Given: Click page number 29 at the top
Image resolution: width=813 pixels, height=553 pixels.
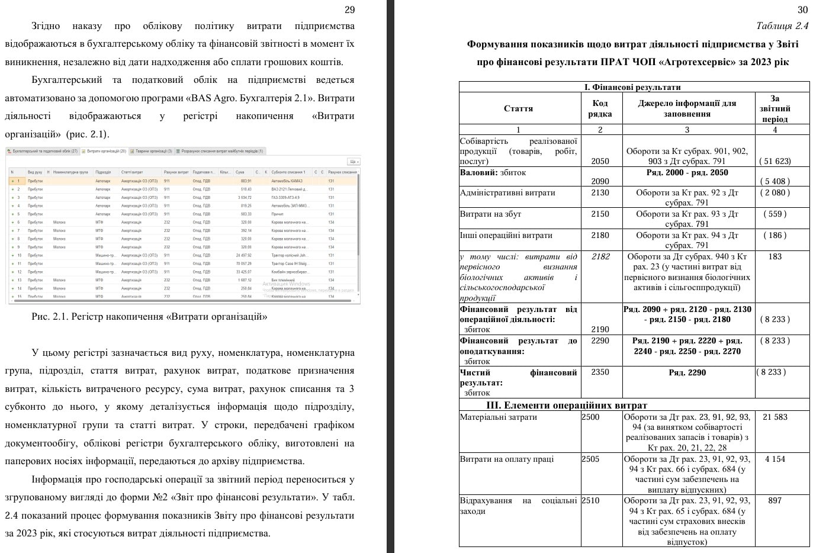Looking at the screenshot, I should click(x=349, y=9).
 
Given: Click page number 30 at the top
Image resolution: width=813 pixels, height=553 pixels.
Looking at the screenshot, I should click(x=802, y=9).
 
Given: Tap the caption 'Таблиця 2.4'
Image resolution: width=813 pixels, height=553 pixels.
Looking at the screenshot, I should click(x=782, y=25).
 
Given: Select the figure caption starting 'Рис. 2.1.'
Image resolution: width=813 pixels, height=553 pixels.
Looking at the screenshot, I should click(x=149, y=316).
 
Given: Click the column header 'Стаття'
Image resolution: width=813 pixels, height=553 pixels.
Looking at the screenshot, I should click(x=518, y=108).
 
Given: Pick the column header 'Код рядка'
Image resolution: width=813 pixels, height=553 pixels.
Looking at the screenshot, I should click(x=600, y=108).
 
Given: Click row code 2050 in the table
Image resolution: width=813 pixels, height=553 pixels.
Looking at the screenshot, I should click(x=600, y=161).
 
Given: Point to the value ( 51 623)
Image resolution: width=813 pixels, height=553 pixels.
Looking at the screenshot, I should click(x=775, y=161).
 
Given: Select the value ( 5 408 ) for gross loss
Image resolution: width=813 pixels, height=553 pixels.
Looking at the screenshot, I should click(x=775, y=181).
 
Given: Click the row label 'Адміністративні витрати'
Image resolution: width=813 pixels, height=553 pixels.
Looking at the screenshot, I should click(x=507, y=192).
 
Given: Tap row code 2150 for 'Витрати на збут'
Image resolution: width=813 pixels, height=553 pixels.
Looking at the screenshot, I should click(x=600, y=214).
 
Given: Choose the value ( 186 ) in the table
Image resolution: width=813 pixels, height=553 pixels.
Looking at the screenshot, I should click(x=775, y=235).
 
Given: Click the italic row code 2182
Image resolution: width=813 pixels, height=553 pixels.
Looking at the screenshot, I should click(x=600, y=256).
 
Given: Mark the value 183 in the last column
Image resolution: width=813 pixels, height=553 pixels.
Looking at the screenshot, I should click(x=775, y=256).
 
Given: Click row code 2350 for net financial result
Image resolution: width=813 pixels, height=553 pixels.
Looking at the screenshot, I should click(x=600, y=372).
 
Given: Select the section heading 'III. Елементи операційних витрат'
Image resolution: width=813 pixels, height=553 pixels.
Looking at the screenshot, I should click(x=566, y=406).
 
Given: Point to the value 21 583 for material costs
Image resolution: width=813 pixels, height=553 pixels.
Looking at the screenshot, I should click(x=775, y=417).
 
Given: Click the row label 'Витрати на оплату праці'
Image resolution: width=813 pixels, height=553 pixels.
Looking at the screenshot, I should click(x=507, y=459).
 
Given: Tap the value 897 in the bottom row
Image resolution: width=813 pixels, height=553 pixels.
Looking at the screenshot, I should click(x=775, y=500).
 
